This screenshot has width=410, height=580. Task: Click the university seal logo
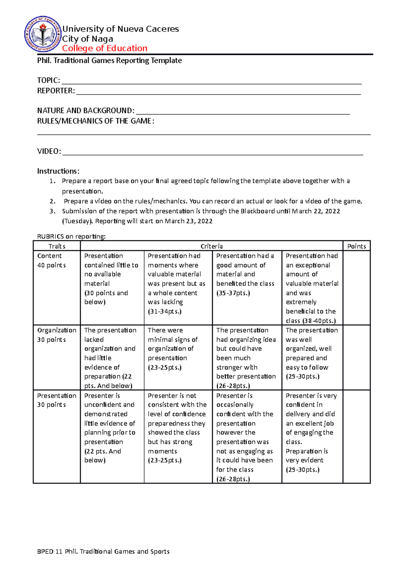42,34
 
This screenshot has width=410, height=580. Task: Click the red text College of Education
105,49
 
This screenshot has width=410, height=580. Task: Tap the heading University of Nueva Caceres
120,29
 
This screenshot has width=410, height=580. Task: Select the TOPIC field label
49,81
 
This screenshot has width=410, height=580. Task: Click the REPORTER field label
56,91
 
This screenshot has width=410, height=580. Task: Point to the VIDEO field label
49,152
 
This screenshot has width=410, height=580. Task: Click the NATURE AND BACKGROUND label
86,111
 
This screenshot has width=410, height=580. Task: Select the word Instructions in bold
58,171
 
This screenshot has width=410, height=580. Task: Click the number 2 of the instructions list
52,201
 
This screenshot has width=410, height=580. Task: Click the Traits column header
57,246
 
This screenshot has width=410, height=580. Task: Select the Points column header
356,246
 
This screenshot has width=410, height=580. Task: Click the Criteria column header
211,246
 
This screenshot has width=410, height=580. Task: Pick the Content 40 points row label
52,261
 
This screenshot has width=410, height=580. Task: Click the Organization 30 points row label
57,335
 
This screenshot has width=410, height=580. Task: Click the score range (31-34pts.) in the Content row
165,312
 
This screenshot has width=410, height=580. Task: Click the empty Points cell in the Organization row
356,357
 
